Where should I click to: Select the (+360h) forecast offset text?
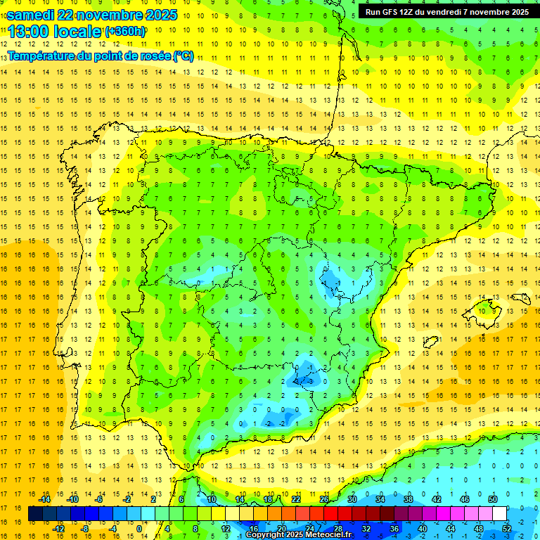click(124, 31)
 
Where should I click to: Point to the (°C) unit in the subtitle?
click(183, 56)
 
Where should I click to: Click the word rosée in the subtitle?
click(154, 56)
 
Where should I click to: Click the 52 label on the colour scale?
click(507, 528)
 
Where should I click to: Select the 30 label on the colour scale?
click(352, 499)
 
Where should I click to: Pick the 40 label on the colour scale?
click(422, 528)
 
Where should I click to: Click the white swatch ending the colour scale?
click(500, 514)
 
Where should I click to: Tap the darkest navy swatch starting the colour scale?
click(35, 514)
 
